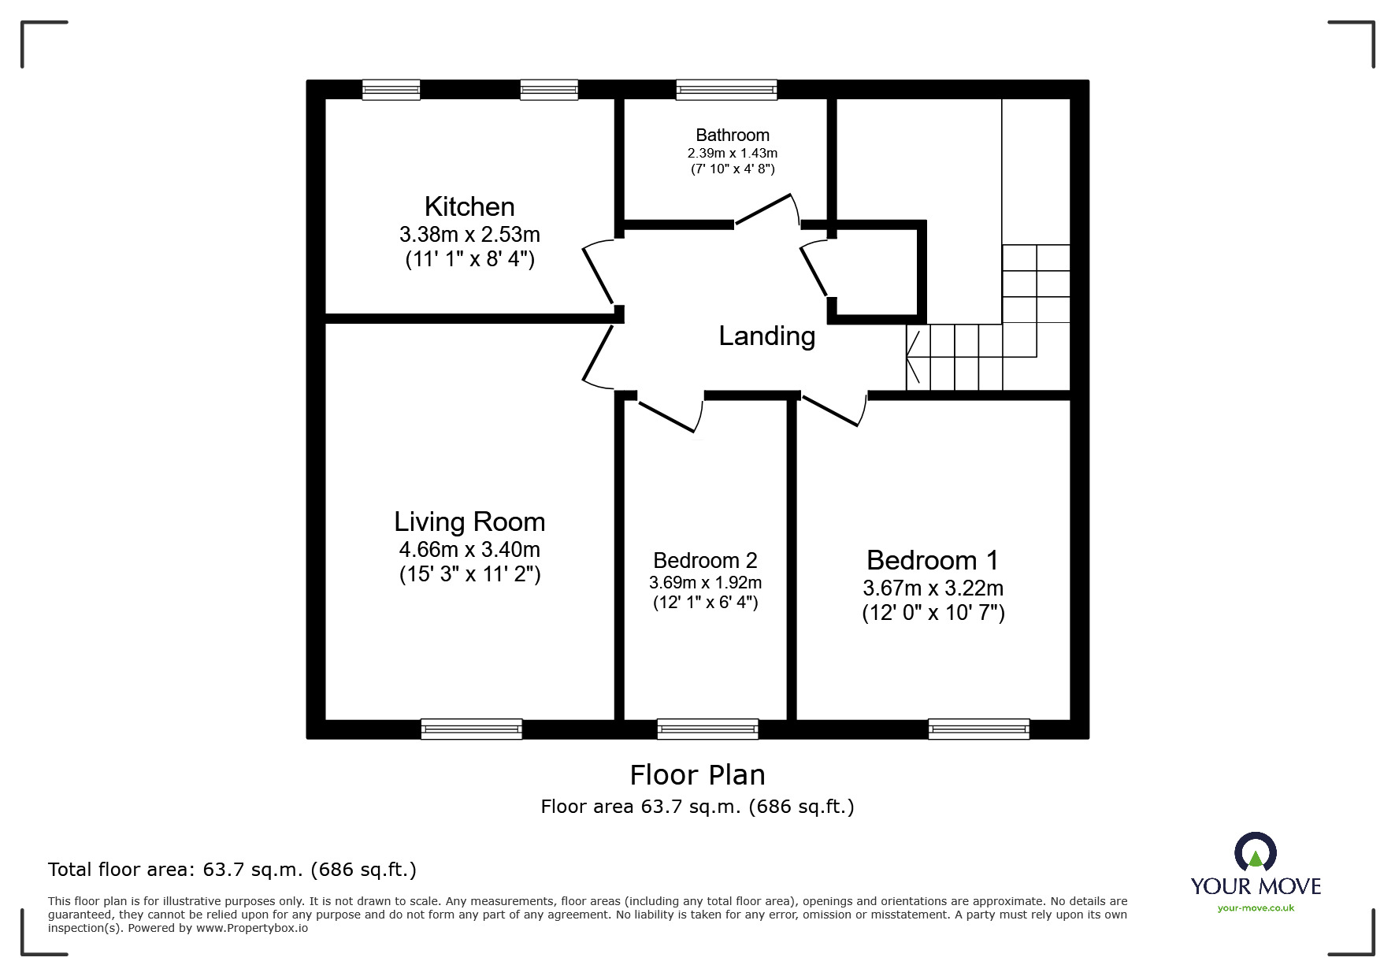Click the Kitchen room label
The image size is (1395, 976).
click(x=469, y=206)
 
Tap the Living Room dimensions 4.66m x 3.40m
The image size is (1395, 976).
click(x=469, y=549)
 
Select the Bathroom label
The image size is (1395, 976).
click(x=733, y=135)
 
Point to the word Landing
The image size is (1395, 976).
click(x=766, y=336)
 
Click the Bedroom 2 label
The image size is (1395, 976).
click(x=705, y=560)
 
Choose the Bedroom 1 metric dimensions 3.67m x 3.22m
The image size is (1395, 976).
click(x=933, y=588)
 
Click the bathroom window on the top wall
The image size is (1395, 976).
click(x=726, y=90)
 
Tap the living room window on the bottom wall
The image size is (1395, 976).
click(x=471, y=729)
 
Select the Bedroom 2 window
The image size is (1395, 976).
click(x=707, y=729)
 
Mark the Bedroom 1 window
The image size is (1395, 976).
click(x=978, y=729)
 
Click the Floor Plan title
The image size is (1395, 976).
click(x=697, y=775)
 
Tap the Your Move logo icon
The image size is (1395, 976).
click(x=1255, y=852)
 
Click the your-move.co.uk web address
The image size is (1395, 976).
click(x=1256, y=908)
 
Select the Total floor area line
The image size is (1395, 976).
click(x=232, y=870)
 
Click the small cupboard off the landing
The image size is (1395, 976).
click(x=876, y=272)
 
